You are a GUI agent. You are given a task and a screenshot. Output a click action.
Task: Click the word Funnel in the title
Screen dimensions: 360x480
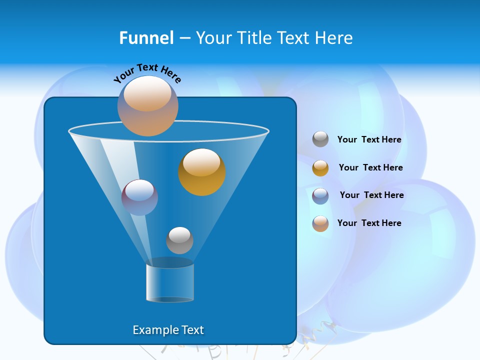click(x=146, y=38)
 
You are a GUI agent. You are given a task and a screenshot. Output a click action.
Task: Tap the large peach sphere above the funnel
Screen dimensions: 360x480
click(x=148, y=105)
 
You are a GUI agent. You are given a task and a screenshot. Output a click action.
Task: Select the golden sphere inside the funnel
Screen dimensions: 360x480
click(x=202, y=172)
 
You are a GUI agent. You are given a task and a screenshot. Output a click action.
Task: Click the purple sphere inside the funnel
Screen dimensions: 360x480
click(x=139, y=197)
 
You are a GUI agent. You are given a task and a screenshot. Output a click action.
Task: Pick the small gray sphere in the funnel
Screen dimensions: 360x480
click(x=179, y=240)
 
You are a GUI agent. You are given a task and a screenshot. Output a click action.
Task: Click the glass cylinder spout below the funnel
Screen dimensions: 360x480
click(x=170, y=283)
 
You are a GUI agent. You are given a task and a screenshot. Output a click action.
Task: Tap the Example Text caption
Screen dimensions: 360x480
click(x=168, y=330)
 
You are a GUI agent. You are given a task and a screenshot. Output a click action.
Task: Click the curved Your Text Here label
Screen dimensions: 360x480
click(x=147, y=72)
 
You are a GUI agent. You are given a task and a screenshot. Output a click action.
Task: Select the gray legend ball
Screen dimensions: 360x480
click(x=320, y=139)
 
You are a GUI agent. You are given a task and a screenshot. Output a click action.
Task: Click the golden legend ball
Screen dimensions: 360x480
click(x=320, y=167)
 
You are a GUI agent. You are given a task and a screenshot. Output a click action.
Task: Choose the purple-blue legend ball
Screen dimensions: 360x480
click(x=320, y=195)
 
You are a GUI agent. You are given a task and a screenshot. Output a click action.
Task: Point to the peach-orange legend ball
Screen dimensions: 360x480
click(x=320, y=223)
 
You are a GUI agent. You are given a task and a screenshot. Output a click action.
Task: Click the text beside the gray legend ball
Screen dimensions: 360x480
click(x=369, y=139)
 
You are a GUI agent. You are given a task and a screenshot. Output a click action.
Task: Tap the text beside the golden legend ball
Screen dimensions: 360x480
click(x=370, y=167)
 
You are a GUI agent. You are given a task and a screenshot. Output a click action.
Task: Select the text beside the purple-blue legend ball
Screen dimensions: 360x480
click(x=371, y=195)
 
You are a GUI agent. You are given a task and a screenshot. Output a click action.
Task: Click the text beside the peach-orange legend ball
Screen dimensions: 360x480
click(x=369, y=223)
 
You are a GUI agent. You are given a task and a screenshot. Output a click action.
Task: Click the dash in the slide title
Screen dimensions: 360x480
click(x=184, y=38)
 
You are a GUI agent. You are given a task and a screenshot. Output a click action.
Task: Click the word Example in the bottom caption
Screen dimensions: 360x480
click(x=152, y=330)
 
